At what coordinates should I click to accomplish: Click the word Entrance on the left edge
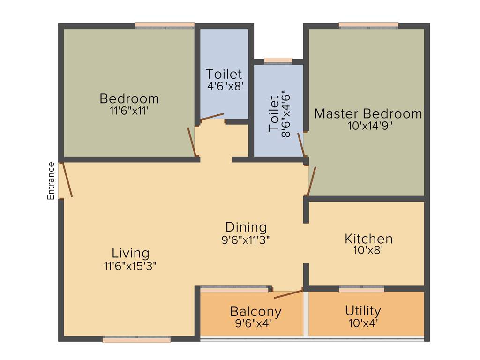pyautogui.click(x=51, y=181)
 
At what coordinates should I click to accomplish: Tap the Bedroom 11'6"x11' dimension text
pyautogui.click(x=129, y=112)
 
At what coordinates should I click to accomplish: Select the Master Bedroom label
pyautogui.click(x=368, y=113)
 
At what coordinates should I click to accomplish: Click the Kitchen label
pyautogui.click(x=368, y=239)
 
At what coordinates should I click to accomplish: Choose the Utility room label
pyautogui.click(x=363, y=310)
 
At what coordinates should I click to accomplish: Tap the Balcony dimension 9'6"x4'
pyautogui.click(x=255, y=323)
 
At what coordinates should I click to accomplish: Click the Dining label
pyautogui.click(x=246, y=227)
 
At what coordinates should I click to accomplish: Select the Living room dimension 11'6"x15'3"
pyautogui.click(x=130, y=266)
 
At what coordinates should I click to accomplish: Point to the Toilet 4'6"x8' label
pyautogui.click(x=225, y=74)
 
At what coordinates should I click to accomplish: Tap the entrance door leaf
pyautogui.click(x=67, y=180)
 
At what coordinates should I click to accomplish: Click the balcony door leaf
pyautogui.click(x=288, y=294)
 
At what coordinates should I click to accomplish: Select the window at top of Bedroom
pyautogui.click(x=165, y=25)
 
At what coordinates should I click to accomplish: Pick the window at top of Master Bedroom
pyautogui.click(x=368, y=25)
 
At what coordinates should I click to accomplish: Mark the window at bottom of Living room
pyautogui.click(x=136, y=339)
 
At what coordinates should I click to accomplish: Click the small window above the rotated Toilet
pyautogui.click(x=278, y=60)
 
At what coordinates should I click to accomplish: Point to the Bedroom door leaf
pyautogui.click(x=191, y=142)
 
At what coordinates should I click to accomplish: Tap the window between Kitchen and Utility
pyautogui.click(x=361, y=289)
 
